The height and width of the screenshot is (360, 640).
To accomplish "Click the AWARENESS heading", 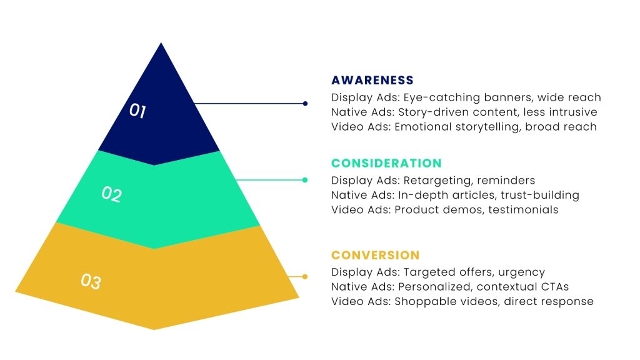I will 372,80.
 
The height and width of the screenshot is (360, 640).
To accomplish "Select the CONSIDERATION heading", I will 386,163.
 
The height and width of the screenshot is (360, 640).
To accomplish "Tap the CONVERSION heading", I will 375,255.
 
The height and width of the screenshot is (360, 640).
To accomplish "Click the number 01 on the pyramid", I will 137,111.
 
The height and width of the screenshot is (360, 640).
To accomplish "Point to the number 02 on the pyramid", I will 111,194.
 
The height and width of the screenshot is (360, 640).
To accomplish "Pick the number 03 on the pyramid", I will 91,281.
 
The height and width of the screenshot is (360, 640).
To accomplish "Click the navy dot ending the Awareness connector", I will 305,104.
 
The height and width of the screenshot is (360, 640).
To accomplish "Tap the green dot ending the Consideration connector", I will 305,180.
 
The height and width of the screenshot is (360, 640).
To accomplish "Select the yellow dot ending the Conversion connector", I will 305,276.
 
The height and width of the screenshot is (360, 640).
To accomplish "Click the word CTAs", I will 554,287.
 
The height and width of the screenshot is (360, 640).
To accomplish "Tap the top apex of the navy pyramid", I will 161,44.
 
